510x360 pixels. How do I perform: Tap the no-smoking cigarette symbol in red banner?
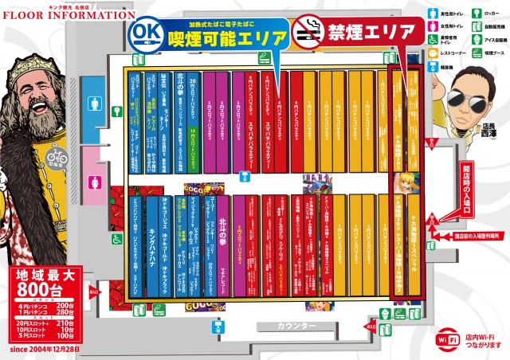coord(308,32)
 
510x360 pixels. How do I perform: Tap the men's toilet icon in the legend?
coord(433,13)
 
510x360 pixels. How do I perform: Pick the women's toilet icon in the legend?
coord(433,26)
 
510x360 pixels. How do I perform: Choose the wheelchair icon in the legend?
coord(433,41)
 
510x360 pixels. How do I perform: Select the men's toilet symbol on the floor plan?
coord(96,103)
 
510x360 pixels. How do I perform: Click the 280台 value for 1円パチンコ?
coord(87,312)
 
